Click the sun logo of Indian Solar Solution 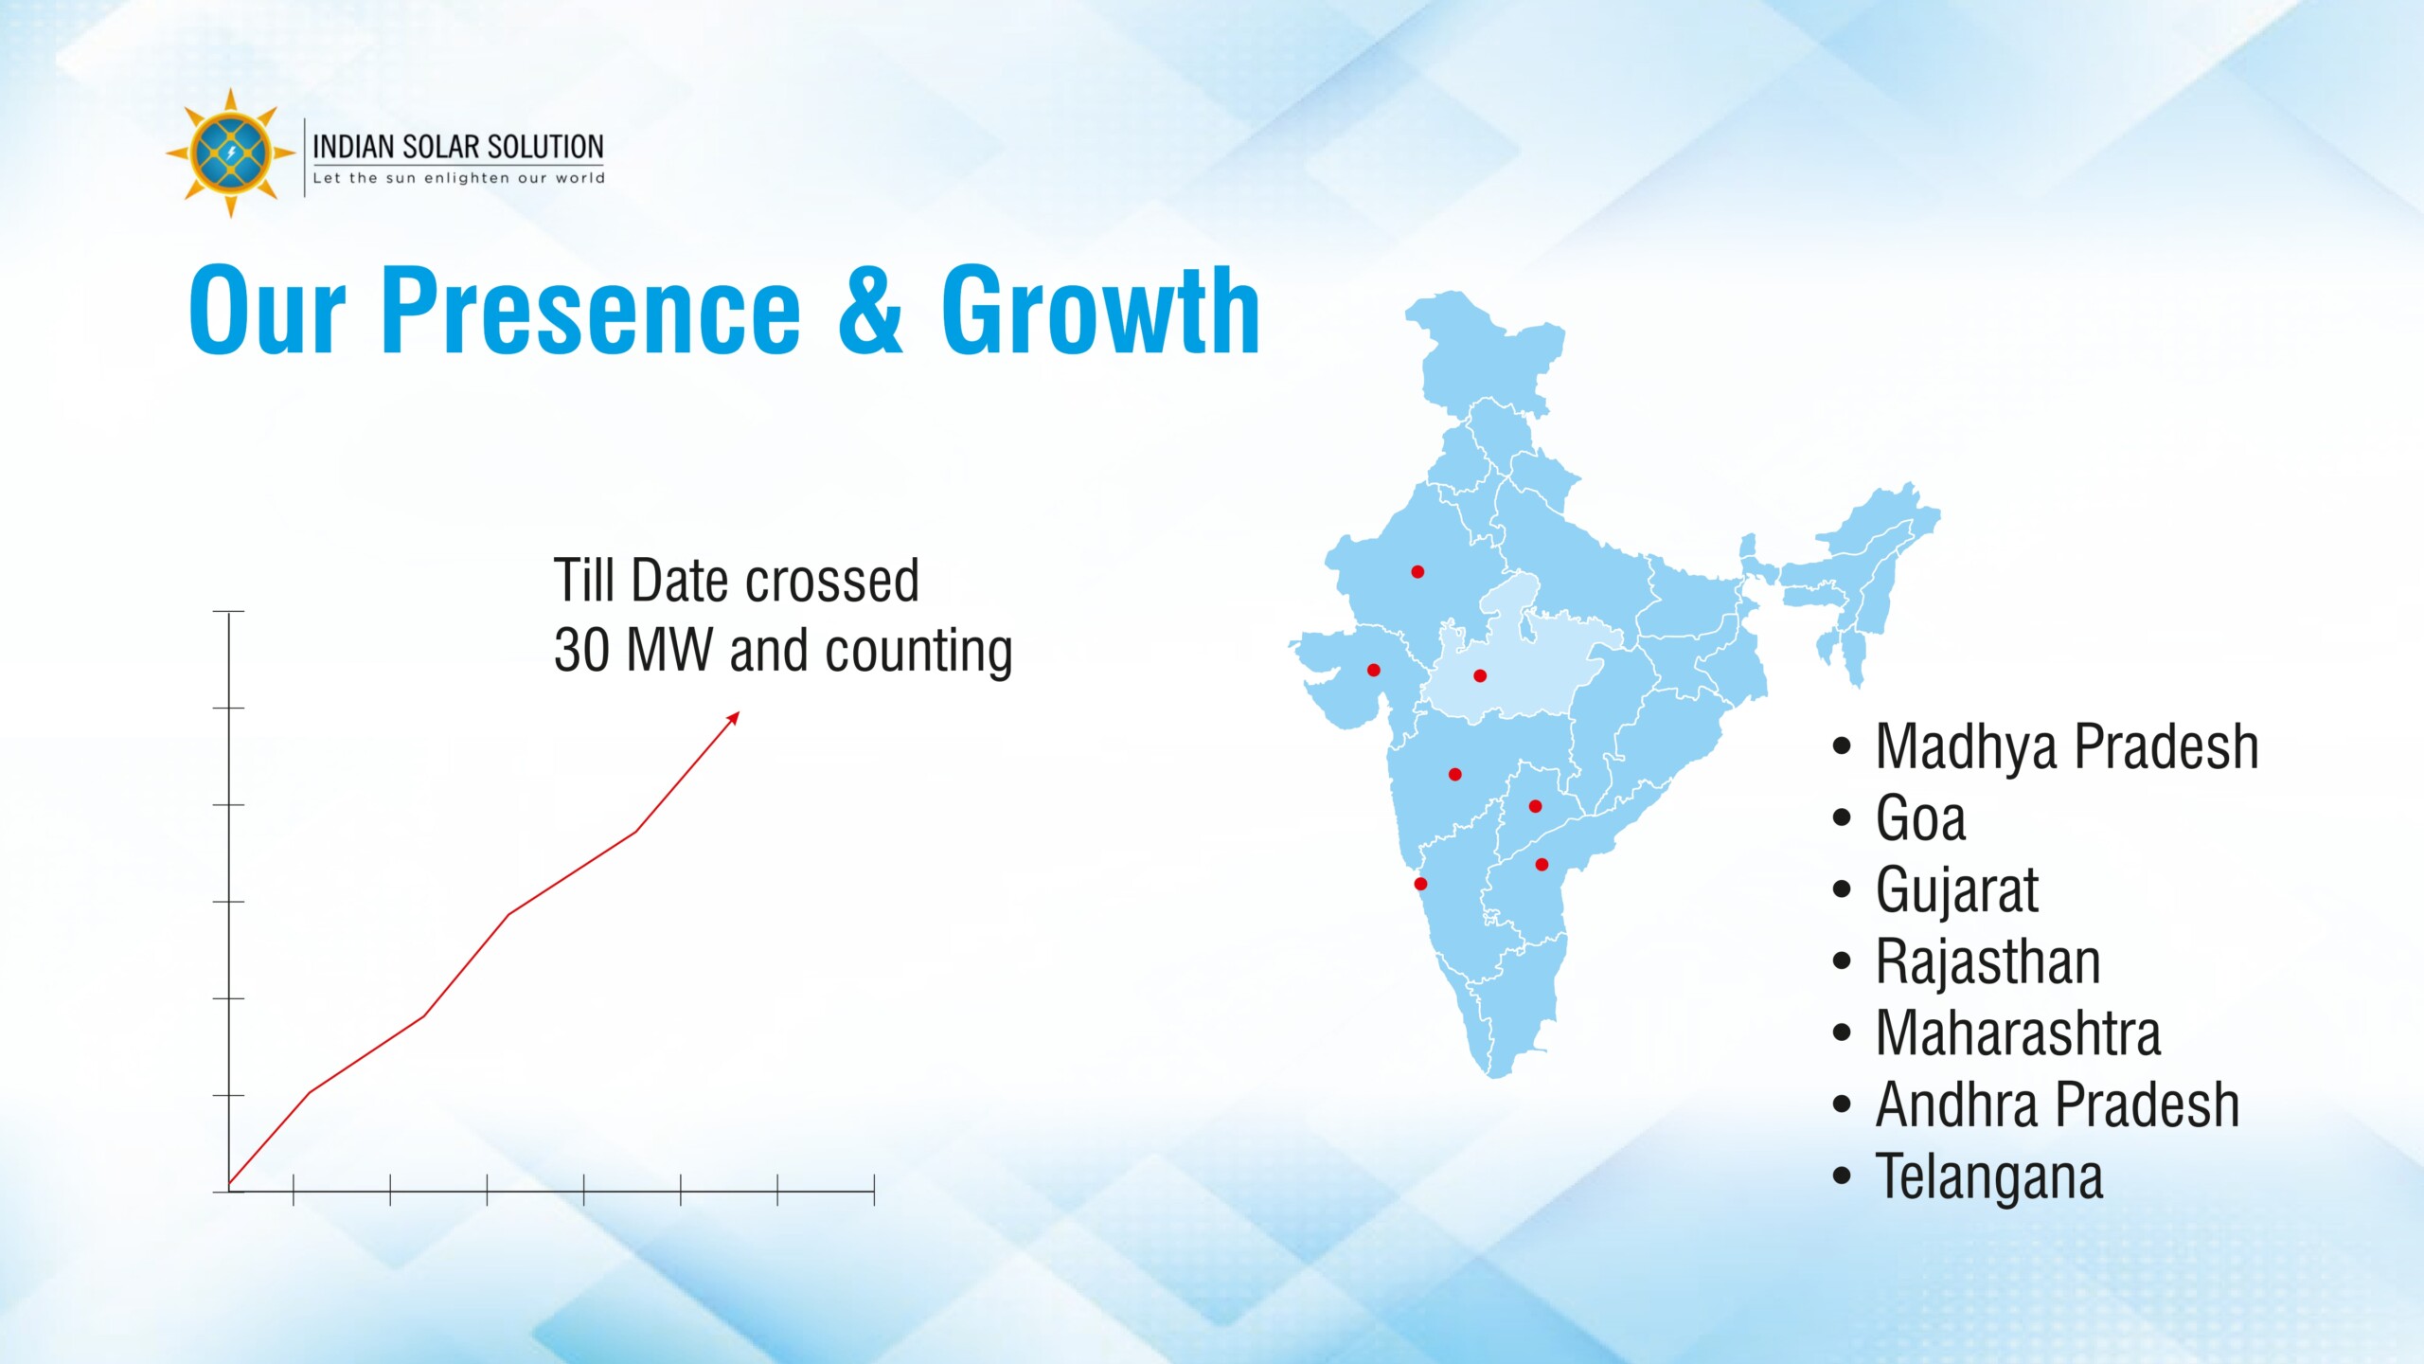(230, 153)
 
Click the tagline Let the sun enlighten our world (458, 178)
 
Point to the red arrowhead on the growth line (734, 717)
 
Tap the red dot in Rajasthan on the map (1417, 572)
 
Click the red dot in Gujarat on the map (1374, 671)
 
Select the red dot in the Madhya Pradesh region (1480, 676)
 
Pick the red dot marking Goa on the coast (1420, 885)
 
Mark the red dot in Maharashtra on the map (1455, 775)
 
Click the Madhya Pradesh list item (2066, 747)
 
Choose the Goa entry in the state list (1920, 818)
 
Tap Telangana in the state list (1988, 1176)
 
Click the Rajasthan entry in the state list (1987, 961)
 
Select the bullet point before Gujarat (1842, 890)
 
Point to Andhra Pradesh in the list (2057, 1104)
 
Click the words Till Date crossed (736, 581)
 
